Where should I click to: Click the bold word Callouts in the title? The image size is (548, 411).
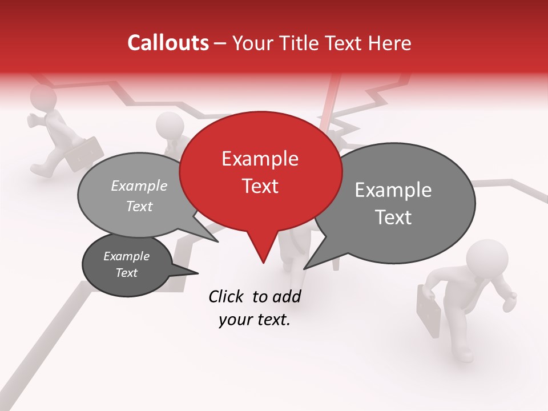(x=168, y=43)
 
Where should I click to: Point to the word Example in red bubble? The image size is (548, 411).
(x=260, y=159)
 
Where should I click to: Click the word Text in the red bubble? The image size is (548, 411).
(x=260, y=186)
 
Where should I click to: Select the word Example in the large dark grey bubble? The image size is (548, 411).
(x=393, y=190)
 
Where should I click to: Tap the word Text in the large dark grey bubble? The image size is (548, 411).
(x=394, y=217)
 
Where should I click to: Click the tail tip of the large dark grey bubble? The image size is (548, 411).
(x=305, y=268)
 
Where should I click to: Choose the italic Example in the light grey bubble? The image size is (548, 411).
(x=139, y=186)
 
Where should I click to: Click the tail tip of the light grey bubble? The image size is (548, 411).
(x=217, y=241)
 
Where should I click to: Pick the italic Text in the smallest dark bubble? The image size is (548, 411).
(x=127, y=273)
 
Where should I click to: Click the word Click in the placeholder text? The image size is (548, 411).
(x=228, y=296)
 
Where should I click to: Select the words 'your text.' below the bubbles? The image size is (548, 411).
(x=255, y=320)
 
